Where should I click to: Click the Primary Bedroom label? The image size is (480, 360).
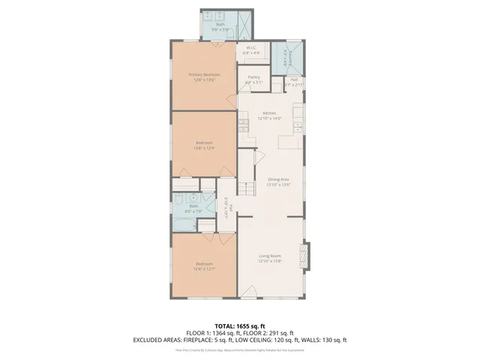pyautogui.click(x=204, y=74)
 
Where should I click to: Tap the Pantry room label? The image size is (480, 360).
pyautogui.click(x=253, y=76)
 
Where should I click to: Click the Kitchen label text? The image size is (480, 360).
pyautogui.click(x=269, y=113)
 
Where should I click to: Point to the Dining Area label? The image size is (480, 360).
pyautogui.click(x=279, y=178)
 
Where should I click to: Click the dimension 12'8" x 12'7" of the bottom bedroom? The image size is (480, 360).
pyautogui.click(x=204, y=268)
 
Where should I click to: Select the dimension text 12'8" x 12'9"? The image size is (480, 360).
pyautogui.click(x=204, y=148)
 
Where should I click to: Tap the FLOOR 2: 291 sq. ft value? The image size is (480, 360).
pyautogui.click(x=271, y=333)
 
